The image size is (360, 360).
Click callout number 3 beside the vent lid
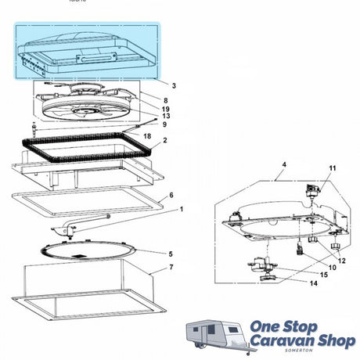click(174, 85)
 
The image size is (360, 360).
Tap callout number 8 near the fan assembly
click(166, 100)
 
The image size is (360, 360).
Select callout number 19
click(165, 109)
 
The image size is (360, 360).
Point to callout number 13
click(166, 116)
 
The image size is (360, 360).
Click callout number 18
click(147, 136)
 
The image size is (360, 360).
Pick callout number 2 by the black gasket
click(165, 140)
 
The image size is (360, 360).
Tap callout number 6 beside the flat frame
click(171, 195)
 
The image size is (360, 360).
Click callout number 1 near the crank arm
click(182, 209)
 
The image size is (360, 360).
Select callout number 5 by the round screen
click(171, 254)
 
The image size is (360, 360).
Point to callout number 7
click(171, 267)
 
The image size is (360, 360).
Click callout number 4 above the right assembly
click(284, 164)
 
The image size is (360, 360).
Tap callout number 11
click(333, 168)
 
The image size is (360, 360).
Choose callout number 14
click(314, 283)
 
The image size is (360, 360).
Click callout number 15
click(324, 275)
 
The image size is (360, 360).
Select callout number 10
click(332, 268)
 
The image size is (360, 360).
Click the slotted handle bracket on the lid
click(96, 58)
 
